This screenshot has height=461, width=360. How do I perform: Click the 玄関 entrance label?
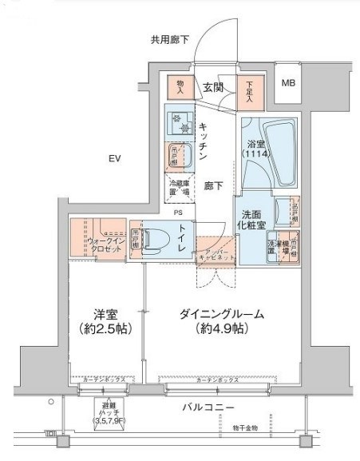tap(212, 87)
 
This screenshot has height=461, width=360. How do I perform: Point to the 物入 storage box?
tap(180, 87)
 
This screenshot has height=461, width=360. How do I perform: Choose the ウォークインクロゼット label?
tap(105, 244)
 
